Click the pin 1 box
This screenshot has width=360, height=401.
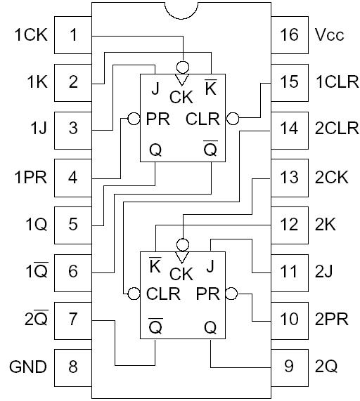74,34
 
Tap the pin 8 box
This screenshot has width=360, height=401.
74,366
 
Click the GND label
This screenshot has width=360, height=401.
28,367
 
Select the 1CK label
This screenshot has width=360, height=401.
30,34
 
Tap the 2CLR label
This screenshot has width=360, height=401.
331,129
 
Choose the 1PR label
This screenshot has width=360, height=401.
30,177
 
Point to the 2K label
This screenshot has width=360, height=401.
325,225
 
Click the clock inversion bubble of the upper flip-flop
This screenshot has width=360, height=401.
182,67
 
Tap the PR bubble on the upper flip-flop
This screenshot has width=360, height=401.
134,119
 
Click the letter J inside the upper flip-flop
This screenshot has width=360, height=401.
155,88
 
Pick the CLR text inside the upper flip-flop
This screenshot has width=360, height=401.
202,119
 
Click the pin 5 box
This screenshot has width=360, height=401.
74,224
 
